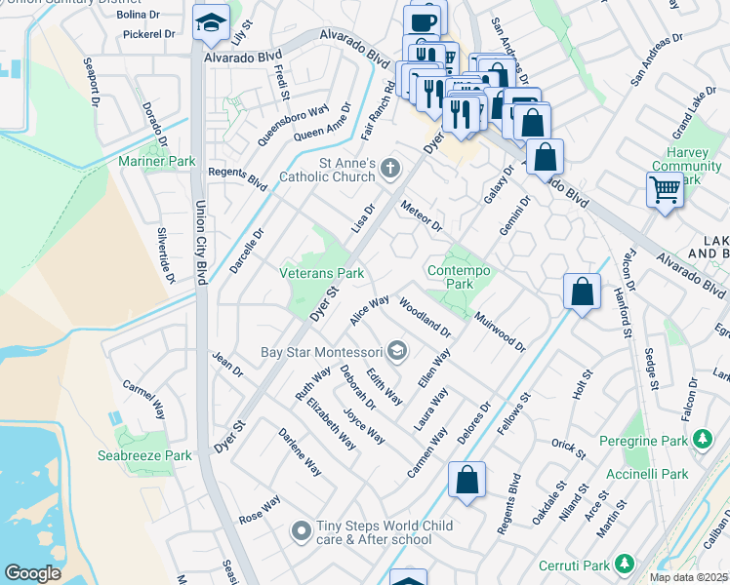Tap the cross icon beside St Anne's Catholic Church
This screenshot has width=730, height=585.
[x=390, y=170]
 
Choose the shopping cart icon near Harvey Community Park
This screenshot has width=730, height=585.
[x=665, y=190]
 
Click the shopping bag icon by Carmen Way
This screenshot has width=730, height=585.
[x=466, y=480]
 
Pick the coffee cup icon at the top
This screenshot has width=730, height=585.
[x=423, y=20]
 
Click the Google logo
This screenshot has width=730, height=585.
[x=32, y=573]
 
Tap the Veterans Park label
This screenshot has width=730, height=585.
[x=322, y=273]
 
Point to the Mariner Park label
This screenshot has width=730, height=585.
[x=156, y=161]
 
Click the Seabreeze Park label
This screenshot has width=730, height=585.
[x=144, y=455]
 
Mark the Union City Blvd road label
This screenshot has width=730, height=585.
[x=202, y=244]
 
